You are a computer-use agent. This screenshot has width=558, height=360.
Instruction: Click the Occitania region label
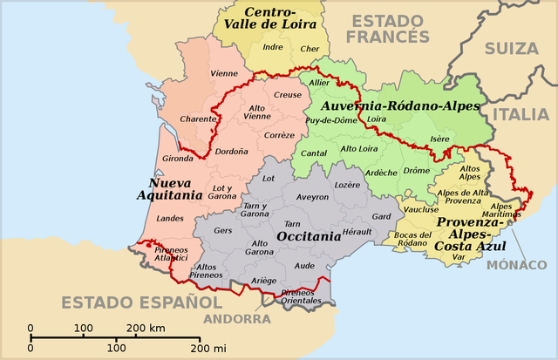[308, 236]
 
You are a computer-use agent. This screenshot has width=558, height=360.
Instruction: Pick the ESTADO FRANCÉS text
[387, 27]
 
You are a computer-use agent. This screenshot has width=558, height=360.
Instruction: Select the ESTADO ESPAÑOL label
[141, 302]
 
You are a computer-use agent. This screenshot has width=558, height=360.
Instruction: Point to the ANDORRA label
[237, 320]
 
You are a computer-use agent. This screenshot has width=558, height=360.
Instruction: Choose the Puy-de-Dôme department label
[331, 119]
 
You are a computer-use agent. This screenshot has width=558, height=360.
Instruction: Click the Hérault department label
[357, 231]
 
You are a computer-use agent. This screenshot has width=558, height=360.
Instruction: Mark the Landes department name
[170, 218]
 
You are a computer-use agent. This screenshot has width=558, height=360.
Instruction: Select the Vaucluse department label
[422, 209]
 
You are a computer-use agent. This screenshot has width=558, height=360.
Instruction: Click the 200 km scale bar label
[146, 329]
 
